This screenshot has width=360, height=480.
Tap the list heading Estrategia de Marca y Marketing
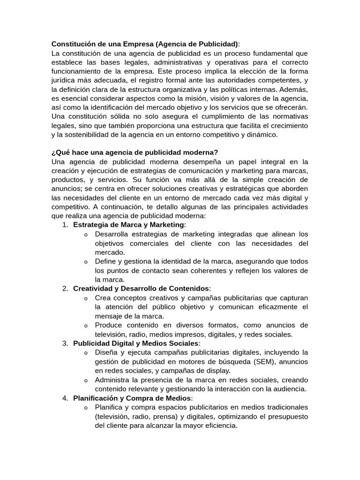pos(129,225)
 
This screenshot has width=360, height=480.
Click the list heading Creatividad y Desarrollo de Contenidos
pos(141,288)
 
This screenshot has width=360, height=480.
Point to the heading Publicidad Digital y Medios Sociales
pos(136,343)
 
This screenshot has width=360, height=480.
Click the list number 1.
pos(65,225)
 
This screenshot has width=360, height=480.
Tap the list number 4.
pos(65,398)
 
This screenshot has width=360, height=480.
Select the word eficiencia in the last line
pos(217,426)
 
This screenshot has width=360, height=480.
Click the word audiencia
pos(288,389)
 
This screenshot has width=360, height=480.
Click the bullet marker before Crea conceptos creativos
pos(86,298)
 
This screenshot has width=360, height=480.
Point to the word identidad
pos(167,261)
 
